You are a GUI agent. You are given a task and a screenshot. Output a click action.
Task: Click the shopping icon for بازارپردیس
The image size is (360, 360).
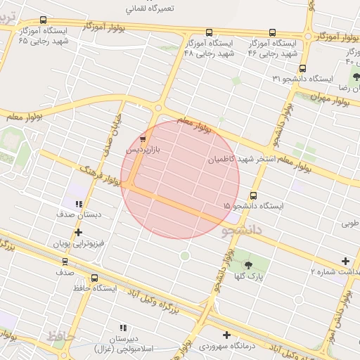pyautogui.click(x=143, y=139)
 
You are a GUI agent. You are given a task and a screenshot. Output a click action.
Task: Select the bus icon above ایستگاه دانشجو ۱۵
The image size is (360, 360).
pyautogui.click(x=253, y=196)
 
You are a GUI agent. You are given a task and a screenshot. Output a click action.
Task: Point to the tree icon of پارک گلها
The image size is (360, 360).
pyautogui.click(x=248, y=265)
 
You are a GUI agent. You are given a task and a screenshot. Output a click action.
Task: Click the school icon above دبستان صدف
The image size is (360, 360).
pyautogui.click(x=78, y=205)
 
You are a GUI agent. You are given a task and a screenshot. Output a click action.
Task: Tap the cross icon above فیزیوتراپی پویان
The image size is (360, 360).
pyautogui.click(x=78, y=232)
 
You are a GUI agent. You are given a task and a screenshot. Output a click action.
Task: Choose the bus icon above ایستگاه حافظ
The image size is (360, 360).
pyautogui.click(x=94, y=278)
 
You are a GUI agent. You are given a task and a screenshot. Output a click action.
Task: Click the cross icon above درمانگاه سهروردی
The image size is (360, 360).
pyautogui.click(x=226, y=335)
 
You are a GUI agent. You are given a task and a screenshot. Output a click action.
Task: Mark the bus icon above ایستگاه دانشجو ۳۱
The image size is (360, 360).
pyautogui.click(x=302, y=68)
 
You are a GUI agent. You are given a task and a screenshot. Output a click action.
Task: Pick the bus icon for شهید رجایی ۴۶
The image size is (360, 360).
pyautogui.click(x=272, y=32)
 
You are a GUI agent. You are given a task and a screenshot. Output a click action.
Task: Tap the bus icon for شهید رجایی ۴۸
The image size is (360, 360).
pyautogui.click(x=209, y=32)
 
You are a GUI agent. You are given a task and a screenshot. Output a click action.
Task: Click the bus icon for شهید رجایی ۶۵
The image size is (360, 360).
pyautogui.click(x=44, y=20)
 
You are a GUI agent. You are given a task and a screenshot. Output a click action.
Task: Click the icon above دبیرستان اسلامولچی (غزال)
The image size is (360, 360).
pyautogui.click(x=124, y=328)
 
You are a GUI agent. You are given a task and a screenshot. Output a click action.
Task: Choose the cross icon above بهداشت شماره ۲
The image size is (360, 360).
pyautogui.click(x=345, y=261)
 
